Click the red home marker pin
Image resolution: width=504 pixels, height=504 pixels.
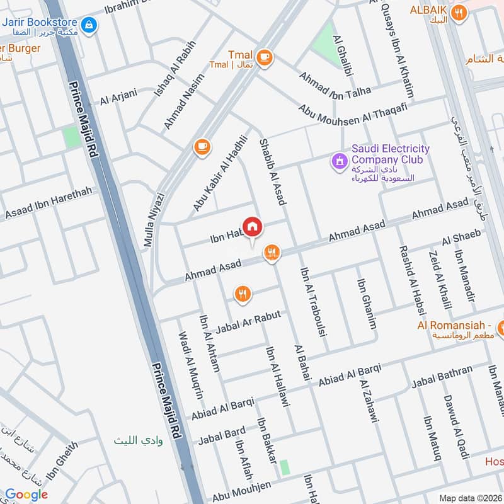coord(253,227)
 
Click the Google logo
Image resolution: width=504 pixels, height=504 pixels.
coord(26,495)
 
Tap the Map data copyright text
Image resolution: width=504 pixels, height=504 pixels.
coord(469,498)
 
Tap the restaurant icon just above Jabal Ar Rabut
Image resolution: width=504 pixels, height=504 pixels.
coord(243,294)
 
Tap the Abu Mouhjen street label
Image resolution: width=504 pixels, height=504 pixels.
coord(246,491)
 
